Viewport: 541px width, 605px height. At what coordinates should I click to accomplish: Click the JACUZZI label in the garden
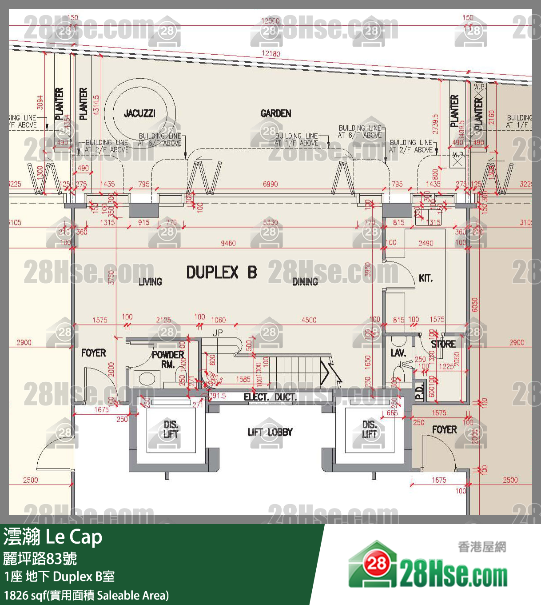point(139,113)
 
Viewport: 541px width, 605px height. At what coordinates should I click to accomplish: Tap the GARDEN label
point(276,113)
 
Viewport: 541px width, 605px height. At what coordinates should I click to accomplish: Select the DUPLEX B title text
point(221,272)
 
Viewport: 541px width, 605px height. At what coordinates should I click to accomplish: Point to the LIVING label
point(150,281)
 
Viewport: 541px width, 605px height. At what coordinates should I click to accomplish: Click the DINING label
point(305,281)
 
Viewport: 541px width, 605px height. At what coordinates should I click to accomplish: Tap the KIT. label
point(426,278)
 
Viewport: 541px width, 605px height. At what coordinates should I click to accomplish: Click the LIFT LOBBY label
point(270,432)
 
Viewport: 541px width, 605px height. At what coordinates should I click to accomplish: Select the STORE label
point(443,344)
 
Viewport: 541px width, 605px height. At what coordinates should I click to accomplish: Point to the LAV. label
point(398,353)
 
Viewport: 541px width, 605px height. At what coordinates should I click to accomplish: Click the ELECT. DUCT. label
point(270,397)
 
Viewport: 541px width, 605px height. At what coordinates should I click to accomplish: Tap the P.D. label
point(419,391)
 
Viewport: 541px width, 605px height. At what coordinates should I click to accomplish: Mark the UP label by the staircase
point(218,333)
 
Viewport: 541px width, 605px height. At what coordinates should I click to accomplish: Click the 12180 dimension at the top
point(270,53)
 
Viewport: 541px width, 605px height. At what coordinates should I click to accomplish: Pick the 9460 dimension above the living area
point(228,243)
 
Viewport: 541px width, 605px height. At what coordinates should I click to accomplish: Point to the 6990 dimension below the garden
point(270,184)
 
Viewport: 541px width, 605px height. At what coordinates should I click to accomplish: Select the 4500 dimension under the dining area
point(309,320)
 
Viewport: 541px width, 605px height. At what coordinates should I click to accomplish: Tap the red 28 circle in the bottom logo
point(377,563)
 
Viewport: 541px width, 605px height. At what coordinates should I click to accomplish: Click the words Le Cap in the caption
point(74,537)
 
